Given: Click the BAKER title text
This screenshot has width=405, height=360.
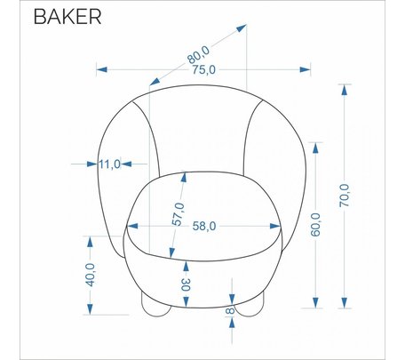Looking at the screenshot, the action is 67,17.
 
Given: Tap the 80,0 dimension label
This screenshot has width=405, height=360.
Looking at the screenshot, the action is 198,55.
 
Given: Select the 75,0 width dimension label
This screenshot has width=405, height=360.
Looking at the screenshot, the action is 204,70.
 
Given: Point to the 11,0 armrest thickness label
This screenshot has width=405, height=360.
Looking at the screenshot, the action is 109,164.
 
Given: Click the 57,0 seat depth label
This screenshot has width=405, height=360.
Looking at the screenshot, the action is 179,214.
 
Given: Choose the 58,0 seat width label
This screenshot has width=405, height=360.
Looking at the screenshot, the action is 204,226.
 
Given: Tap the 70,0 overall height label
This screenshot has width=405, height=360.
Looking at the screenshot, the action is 345,196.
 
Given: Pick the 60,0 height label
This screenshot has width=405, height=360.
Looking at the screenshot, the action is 315,225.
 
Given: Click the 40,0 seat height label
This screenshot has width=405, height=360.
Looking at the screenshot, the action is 90,275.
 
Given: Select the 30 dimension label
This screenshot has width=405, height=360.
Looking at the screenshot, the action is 186,284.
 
